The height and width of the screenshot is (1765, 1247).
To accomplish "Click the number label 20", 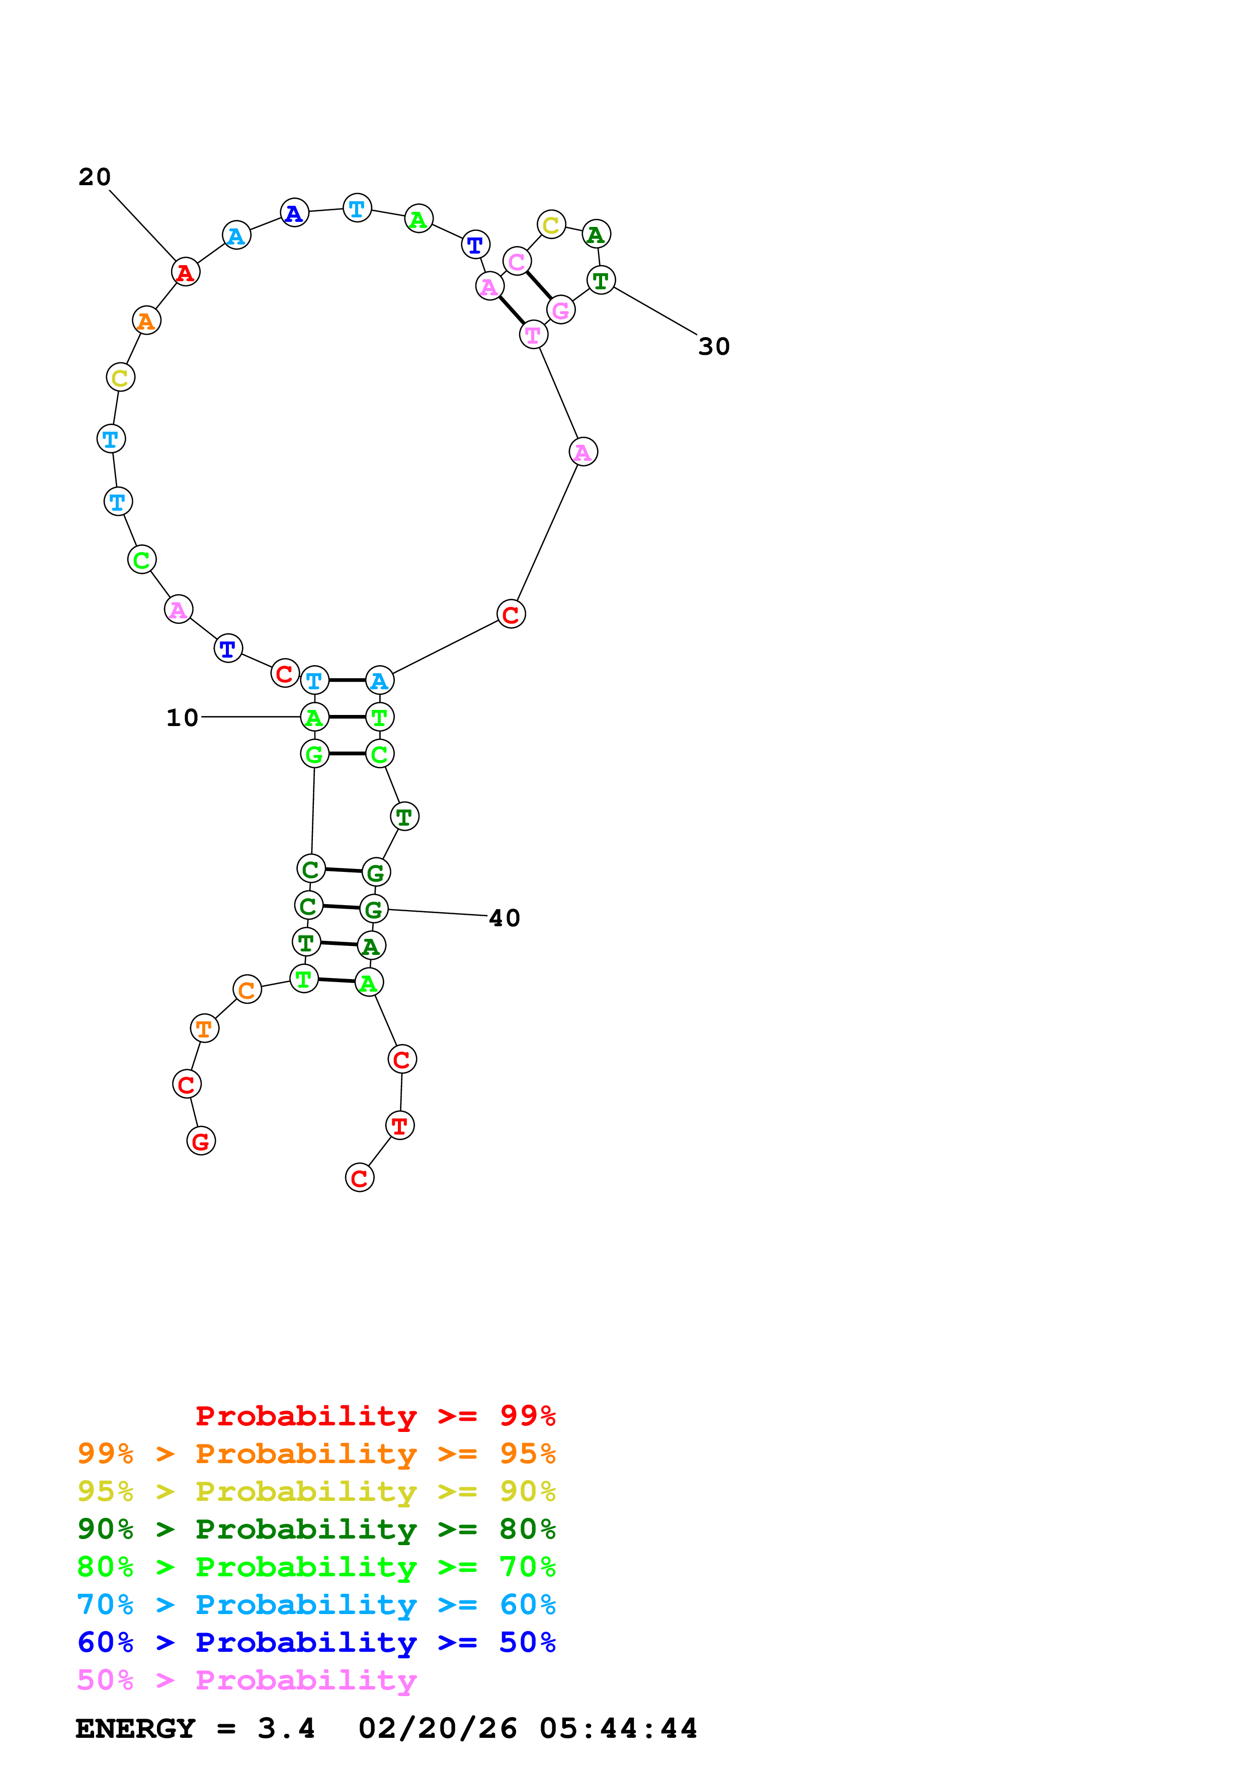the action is click(x=95, y=178).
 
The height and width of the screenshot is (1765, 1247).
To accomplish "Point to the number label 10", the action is click(x=182, y=718).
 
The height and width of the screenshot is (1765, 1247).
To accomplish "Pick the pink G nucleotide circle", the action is click(x=561, y=310).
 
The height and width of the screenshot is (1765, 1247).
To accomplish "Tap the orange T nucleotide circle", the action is click(x=204, y=1028).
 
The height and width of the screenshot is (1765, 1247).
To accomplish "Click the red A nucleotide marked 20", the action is click(x=185, y=272).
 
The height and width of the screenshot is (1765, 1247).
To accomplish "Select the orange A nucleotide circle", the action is click(x=146, y=320).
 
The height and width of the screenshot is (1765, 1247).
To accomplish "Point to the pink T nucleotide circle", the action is click(x=533, y=335).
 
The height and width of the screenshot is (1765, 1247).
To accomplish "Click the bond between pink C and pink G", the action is click(x=539, y=286).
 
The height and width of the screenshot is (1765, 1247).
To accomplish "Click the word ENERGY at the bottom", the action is click(x=135, y=1728).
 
